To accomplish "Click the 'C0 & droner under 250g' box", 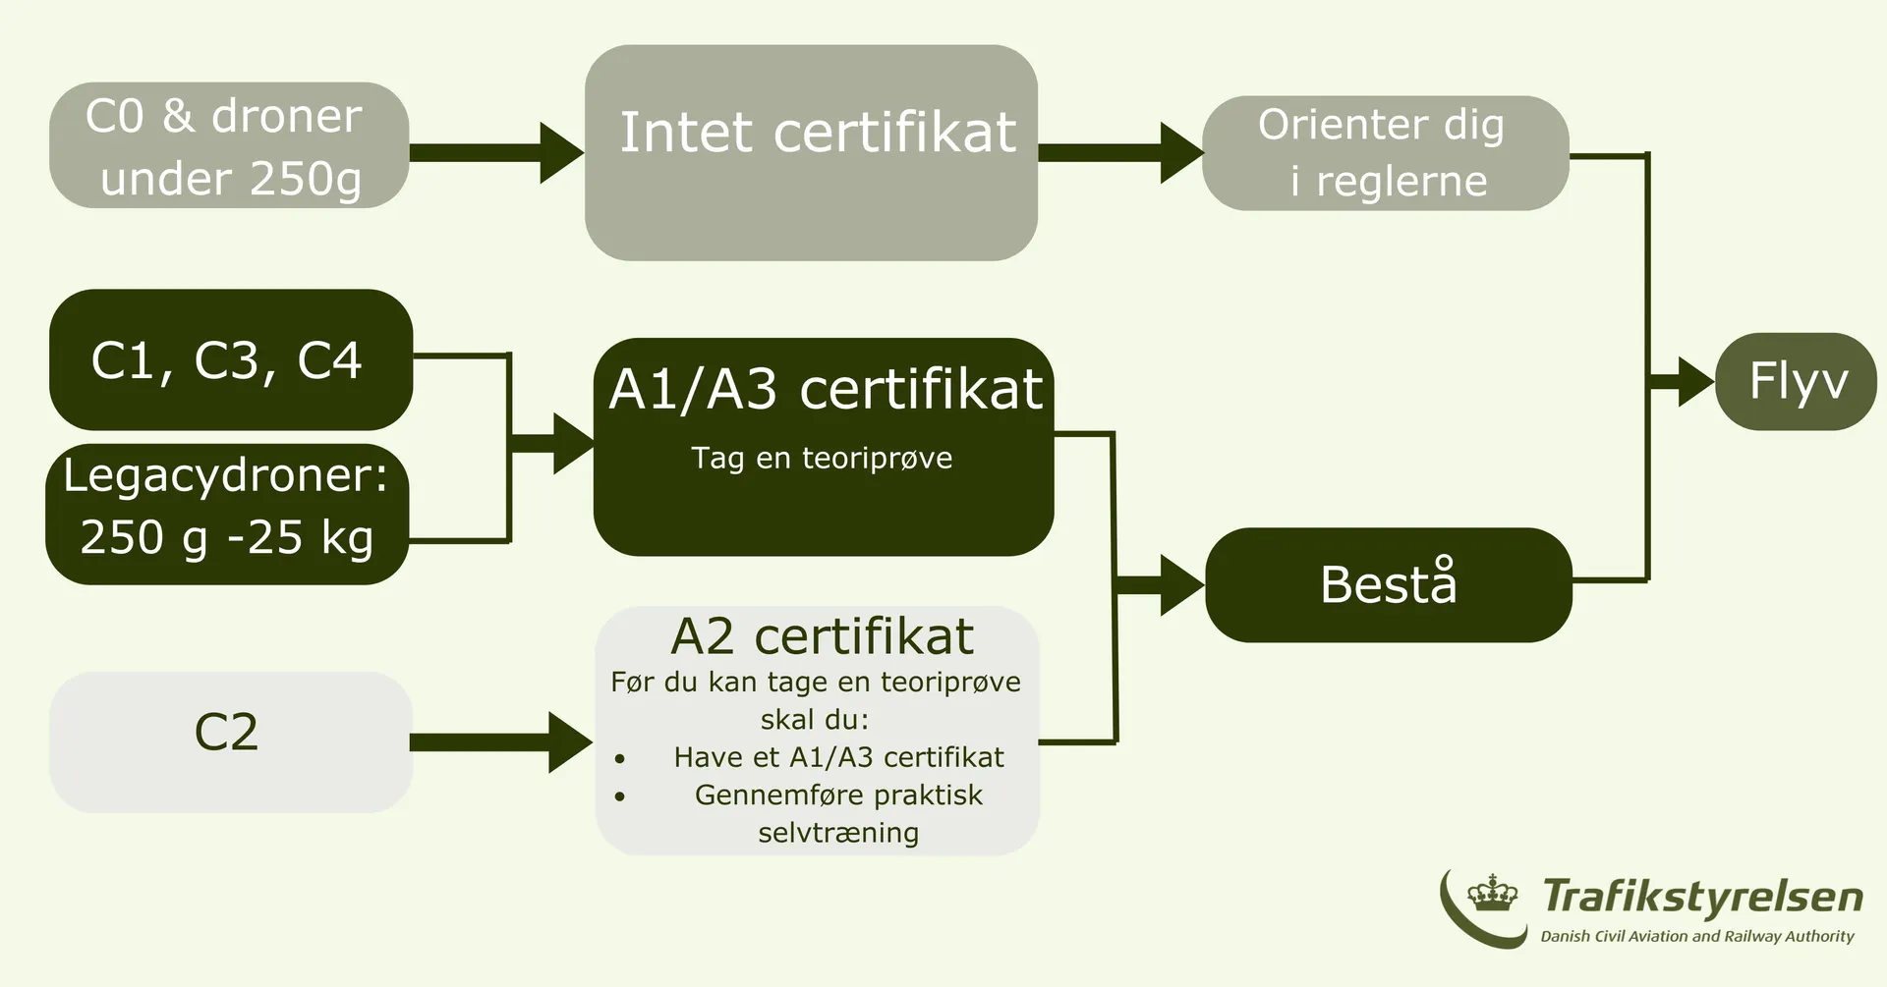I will tap(229, 145).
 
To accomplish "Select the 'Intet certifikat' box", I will tap(811, 152).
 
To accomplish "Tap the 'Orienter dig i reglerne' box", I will tap(1385, 153).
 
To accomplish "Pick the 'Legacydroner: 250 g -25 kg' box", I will tap(227, 514).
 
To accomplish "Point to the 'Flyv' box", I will tap(1796, 381).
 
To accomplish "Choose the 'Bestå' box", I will tap(1388, 584).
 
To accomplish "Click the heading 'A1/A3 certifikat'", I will tap(825, 389).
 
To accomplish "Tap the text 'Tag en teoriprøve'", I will tap(822, 458).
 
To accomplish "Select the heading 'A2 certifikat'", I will tap(822, 636).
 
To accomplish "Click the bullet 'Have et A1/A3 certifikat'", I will tap(838, 757).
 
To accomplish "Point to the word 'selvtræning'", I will tap(838, 833).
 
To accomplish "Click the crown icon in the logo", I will tap(1492, 894).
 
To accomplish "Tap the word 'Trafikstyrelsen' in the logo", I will tap(1702, 897).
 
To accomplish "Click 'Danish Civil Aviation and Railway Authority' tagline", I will tap(1697, 936).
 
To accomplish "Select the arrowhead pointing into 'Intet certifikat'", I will tap(561, 152).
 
